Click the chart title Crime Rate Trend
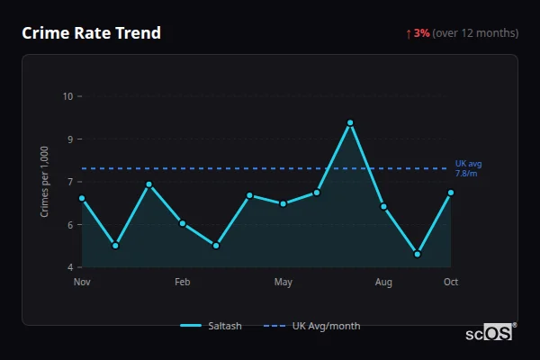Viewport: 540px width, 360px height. tap(91, 33)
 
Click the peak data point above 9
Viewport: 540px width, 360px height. tap(350, 122)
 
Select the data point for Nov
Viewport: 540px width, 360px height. tap(82, 198)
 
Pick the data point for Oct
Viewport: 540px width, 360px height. tap(451, 193)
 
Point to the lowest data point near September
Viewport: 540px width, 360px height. tap(418, 254)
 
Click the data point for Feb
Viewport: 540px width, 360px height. tap(183, 223)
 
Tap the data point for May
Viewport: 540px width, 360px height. tap(283, 203)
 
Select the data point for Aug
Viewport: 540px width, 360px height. tap(383, 207)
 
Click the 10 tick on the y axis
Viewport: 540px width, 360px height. tap(68, 96)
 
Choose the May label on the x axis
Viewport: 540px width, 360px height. tap(283, 283)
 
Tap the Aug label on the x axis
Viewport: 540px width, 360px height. tap(383, 283)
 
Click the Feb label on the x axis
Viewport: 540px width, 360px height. tap(183, 283)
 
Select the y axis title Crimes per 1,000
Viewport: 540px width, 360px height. tap(45, 181)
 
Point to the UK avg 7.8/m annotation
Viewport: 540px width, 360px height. tap(468, 167)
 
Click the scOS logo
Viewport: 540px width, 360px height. tap(490, 332)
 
